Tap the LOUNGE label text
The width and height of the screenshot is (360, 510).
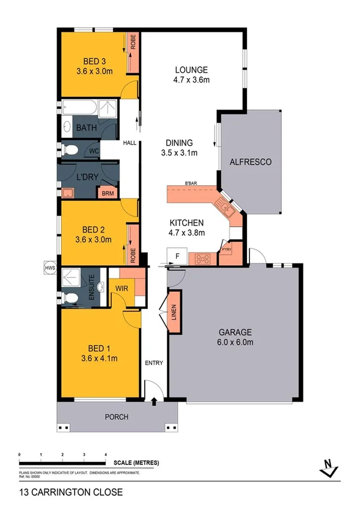point(188,69)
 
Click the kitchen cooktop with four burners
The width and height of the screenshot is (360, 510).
point(203,259)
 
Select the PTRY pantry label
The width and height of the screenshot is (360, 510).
point(227,249)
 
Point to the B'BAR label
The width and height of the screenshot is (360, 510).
point(192,183)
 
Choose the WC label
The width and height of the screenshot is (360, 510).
point(94,151)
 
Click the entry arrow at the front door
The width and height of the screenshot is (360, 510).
point(154,402)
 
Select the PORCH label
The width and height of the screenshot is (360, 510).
point(117,416)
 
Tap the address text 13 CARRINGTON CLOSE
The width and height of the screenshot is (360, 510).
point(71,492)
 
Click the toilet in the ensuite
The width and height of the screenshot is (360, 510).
point(70,295)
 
